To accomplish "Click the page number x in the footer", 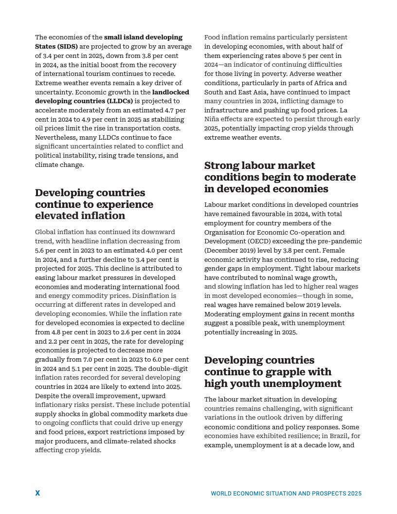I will [37, 493].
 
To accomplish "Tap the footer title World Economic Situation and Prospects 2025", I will [286, 494].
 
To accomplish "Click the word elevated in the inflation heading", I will [54, 216].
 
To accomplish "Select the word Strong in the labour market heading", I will [223, 165].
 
